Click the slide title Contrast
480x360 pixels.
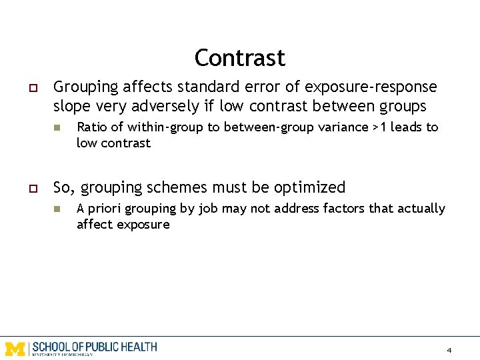[239, 58]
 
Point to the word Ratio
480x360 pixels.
[91, 127]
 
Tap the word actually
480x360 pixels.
[420, 209]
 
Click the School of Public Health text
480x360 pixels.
[94, 347]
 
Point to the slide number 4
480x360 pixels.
[449, 350]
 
